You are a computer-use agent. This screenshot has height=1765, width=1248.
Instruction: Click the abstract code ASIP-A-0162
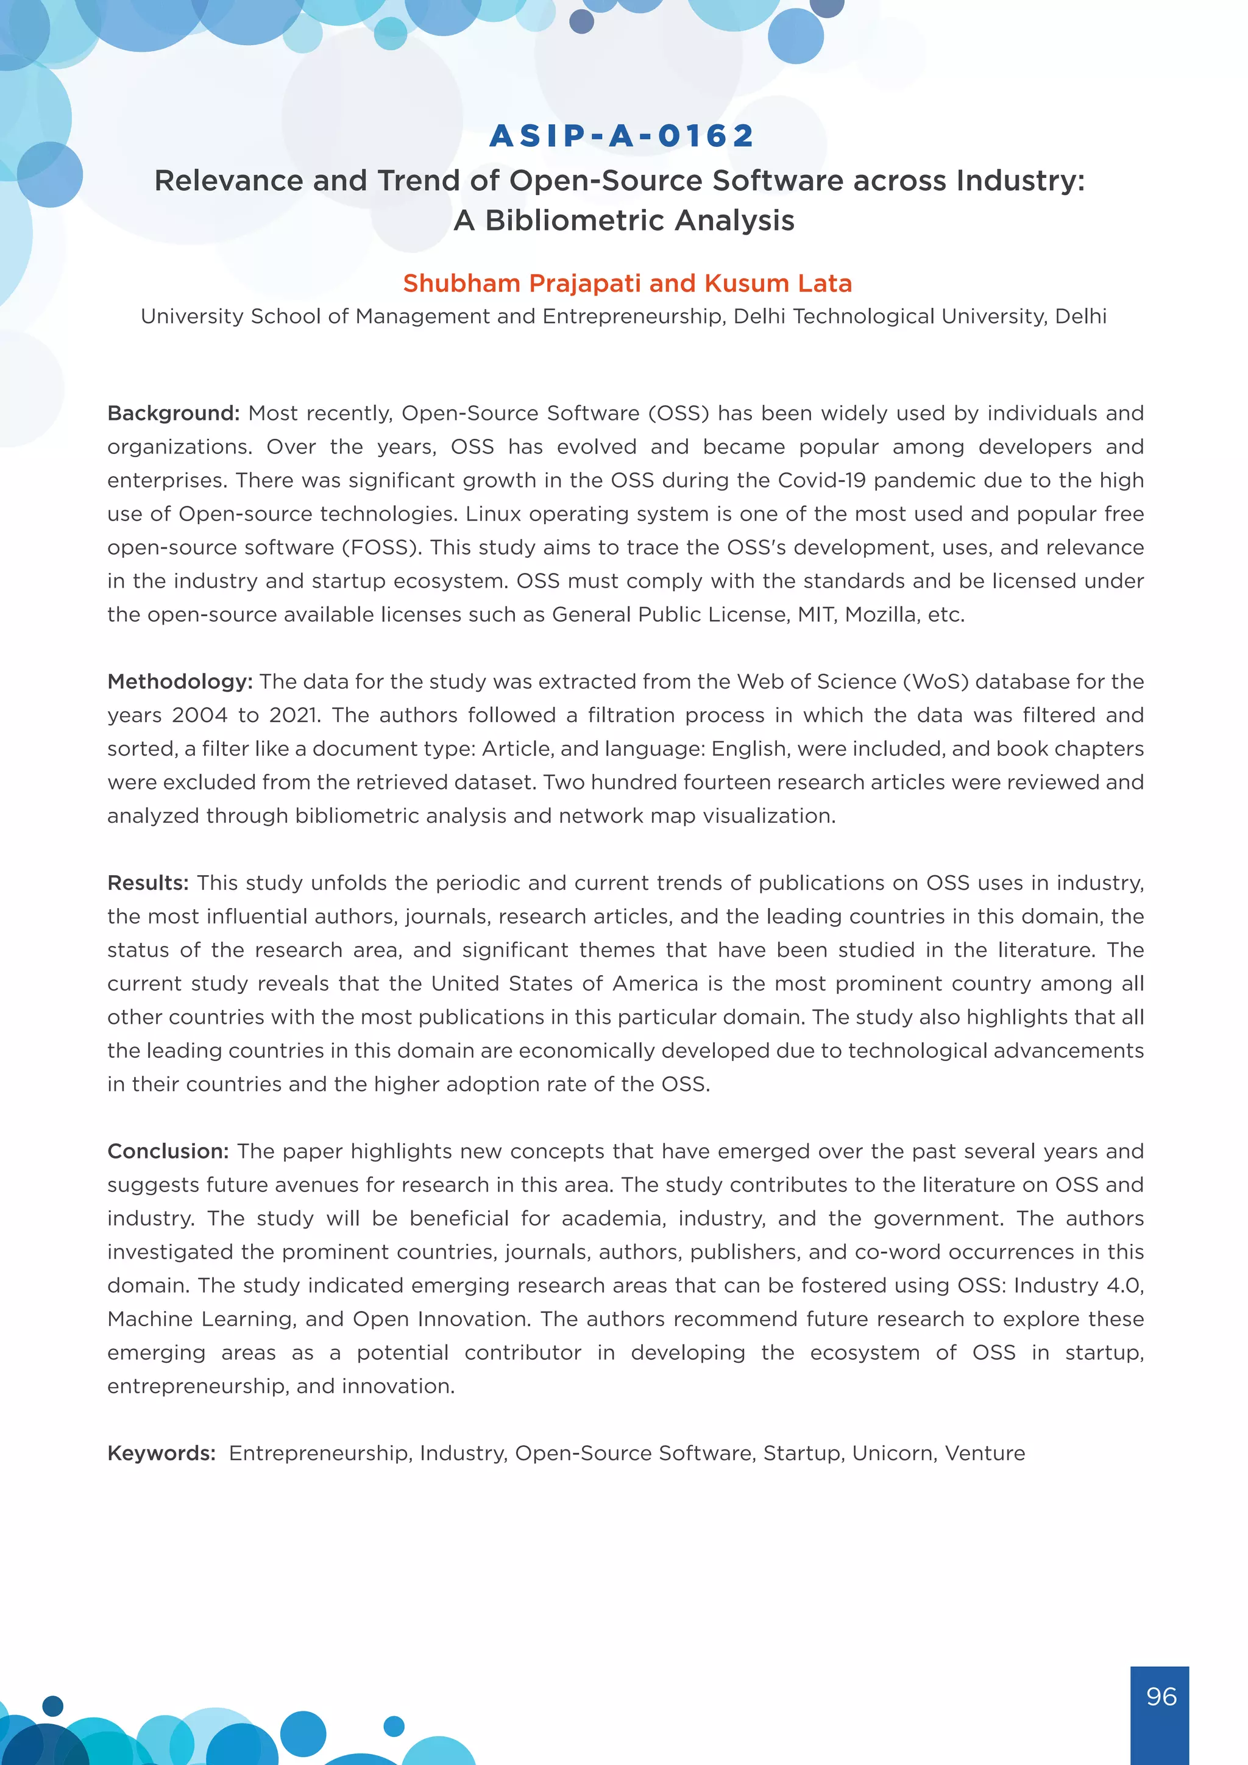(x=622, y=136)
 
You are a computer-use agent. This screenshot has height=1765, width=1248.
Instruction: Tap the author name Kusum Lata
(x=778, y=283)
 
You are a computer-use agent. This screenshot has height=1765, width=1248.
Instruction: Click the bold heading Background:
(x=174, y=414)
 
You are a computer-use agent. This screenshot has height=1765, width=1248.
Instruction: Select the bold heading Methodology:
(x=180, y=682)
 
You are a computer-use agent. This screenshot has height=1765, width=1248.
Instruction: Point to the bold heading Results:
(x=147, y=883)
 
